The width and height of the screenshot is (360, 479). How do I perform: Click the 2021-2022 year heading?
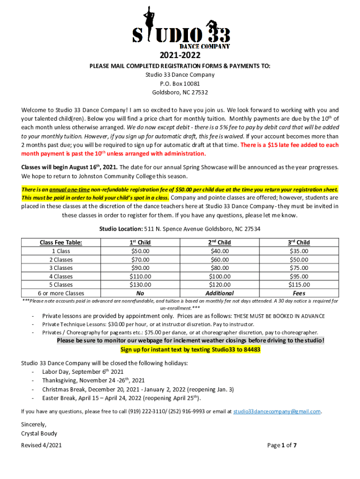pos(180,56)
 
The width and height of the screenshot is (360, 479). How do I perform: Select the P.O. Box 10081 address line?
pos(180,83)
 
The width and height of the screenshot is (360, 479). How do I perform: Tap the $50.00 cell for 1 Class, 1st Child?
pos(140,251)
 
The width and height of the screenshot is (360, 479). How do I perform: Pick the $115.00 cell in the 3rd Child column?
pos(298,284)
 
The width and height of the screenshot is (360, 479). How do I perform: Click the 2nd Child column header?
pos(219,242)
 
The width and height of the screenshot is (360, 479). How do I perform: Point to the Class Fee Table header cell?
pos(61,242)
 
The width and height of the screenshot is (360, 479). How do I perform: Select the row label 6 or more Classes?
pos(61,293)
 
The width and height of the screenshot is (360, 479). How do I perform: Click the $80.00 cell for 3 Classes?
pos(219,268)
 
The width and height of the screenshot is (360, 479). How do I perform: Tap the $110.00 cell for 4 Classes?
pos(140,276)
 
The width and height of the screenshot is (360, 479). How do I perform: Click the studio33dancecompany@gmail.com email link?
pos(277,412)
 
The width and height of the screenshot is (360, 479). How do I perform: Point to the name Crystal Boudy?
pos(39,433)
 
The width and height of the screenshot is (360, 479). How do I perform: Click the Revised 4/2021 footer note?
pos(41,445)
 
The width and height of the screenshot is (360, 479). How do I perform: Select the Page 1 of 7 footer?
pos(282,445)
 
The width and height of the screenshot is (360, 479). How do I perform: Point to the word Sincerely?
pos(34,424)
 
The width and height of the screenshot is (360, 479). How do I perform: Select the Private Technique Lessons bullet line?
pos(148,324)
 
